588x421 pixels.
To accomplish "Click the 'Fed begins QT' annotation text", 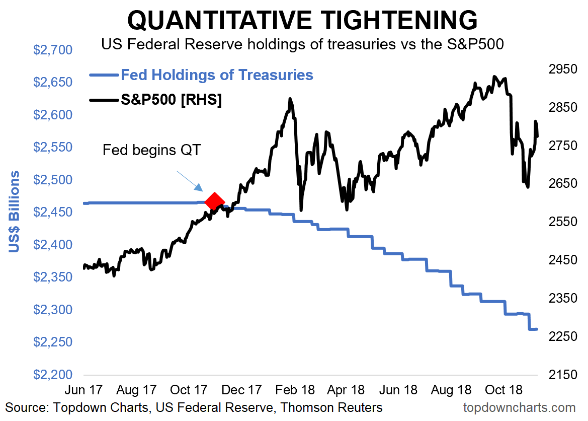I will coord(151,150).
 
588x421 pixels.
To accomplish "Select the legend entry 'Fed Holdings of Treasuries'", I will coord(217,75).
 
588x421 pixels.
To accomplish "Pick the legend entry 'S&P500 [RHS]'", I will coord(171,100).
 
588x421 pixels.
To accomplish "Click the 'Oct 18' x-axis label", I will coord(505,390).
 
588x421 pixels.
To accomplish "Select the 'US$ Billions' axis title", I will coord(15,212).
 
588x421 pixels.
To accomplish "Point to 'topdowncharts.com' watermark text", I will coord(519,407).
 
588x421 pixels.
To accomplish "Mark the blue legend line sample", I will coord(104,76).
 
